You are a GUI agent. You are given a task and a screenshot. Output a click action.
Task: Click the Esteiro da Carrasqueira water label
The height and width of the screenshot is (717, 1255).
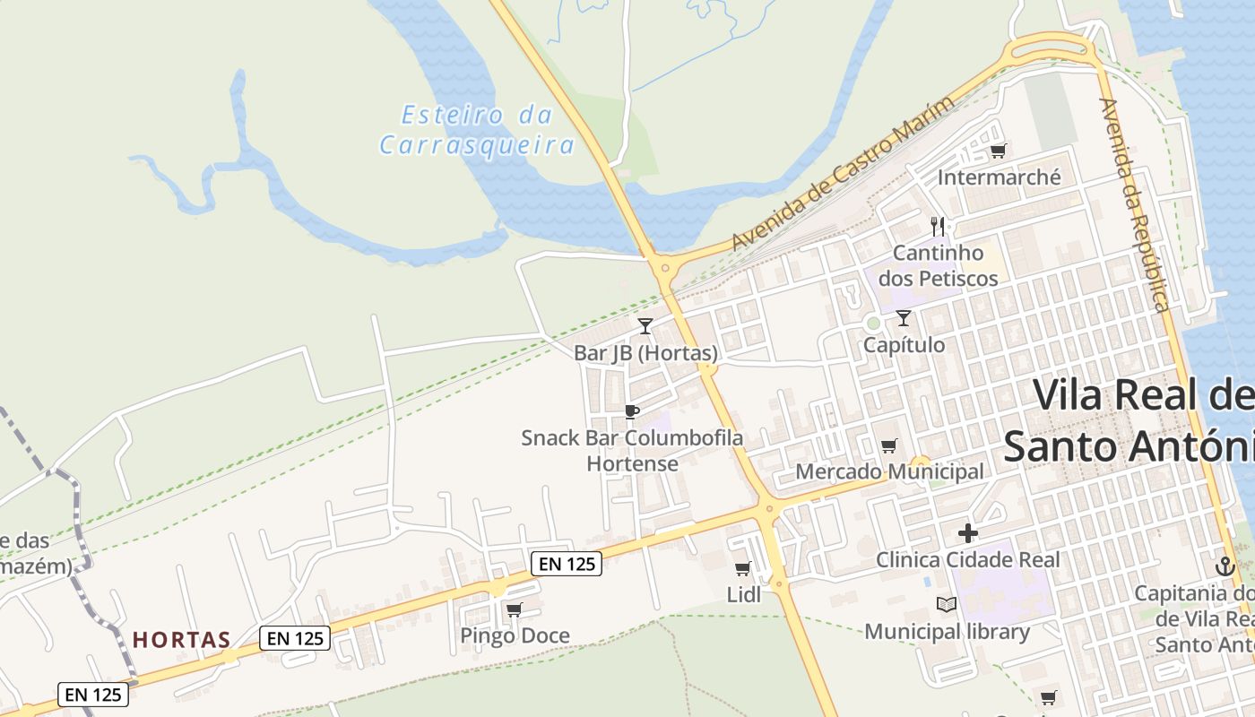476,130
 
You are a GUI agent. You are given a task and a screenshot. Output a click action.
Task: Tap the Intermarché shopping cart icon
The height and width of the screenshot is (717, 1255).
998,151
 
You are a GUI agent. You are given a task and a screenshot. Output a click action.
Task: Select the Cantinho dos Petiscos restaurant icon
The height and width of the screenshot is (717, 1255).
938,226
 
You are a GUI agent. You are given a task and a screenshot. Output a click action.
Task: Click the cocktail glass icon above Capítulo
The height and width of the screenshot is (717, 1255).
903,317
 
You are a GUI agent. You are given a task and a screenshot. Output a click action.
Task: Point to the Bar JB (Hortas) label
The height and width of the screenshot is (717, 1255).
645,353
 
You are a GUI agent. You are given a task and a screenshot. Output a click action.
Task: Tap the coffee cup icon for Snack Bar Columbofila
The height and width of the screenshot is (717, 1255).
631,411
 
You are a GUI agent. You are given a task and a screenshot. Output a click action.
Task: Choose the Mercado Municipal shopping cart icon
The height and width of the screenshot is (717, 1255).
888,445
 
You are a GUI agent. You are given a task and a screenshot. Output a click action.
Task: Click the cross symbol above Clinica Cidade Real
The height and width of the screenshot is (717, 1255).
968,533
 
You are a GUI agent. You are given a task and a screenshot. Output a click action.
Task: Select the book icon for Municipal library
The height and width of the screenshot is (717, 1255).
946,604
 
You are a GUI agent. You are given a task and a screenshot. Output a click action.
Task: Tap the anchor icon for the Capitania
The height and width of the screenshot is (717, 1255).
1225,566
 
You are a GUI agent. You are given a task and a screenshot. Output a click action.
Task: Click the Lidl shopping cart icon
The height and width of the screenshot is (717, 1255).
742,568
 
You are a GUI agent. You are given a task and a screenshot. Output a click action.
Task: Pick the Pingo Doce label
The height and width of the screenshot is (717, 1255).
515,636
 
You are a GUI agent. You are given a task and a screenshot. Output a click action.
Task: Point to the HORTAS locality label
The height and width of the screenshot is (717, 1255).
182,640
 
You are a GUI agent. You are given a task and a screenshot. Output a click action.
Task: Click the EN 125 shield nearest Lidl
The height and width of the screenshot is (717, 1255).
566,564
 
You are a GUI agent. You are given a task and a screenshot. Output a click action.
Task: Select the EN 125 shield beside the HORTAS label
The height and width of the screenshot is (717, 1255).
295,638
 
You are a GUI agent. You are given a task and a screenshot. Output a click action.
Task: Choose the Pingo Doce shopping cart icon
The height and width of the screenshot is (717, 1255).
514,610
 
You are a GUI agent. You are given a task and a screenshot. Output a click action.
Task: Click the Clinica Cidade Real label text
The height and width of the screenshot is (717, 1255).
967,560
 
